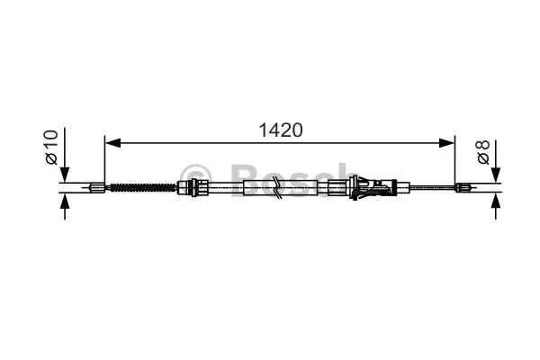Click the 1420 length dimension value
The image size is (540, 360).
[x=281, y=130]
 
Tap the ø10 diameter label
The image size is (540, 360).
[x=51, y=147]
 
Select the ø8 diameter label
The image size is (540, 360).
[x=483, y=152]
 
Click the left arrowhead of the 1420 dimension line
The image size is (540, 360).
[x=112, y=142]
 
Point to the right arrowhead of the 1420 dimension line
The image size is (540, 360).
[x=446, y=142]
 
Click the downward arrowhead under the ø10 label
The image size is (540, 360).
[x=65, y=174]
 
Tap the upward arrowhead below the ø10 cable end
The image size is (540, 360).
[x=65, y=201]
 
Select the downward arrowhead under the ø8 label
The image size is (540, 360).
[x=496, y=174]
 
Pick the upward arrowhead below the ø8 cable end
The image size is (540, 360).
[x=496, y=201]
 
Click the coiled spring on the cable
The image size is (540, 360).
[x=142, y=188]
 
